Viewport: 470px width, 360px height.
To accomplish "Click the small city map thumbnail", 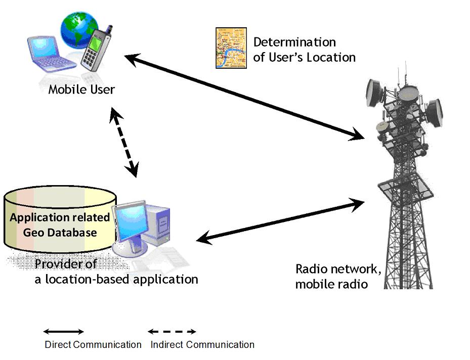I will tap(231, 48).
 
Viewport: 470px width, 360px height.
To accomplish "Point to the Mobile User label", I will tap(81, 90).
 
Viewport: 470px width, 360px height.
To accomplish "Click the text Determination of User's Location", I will tap(304, 50).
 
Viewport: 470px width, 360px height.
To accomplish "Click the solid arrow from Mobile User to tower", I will tap(245, 96).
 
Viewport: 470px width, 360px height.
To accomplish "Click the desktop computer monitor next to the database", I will tap(131, 222).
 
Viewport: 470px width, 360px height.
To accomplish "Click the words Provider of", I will tap(66, 264).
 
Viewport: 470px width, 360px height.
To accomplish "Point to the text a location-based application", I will tap(116, 279).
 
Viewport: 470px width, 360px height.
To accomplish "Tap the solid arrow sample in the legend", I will tap(63, 332).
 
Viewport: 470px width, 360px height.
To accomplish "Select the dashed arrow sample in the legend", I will tap(172, 332).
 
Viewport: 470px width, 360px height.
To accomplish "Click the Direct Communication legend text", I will tap(93, 345).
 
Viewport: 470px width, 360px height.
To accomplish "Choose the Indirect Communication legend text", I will tap(202, 345).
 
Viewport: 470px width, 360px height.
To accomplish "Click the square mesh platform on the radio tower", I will tap(406, 190).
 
